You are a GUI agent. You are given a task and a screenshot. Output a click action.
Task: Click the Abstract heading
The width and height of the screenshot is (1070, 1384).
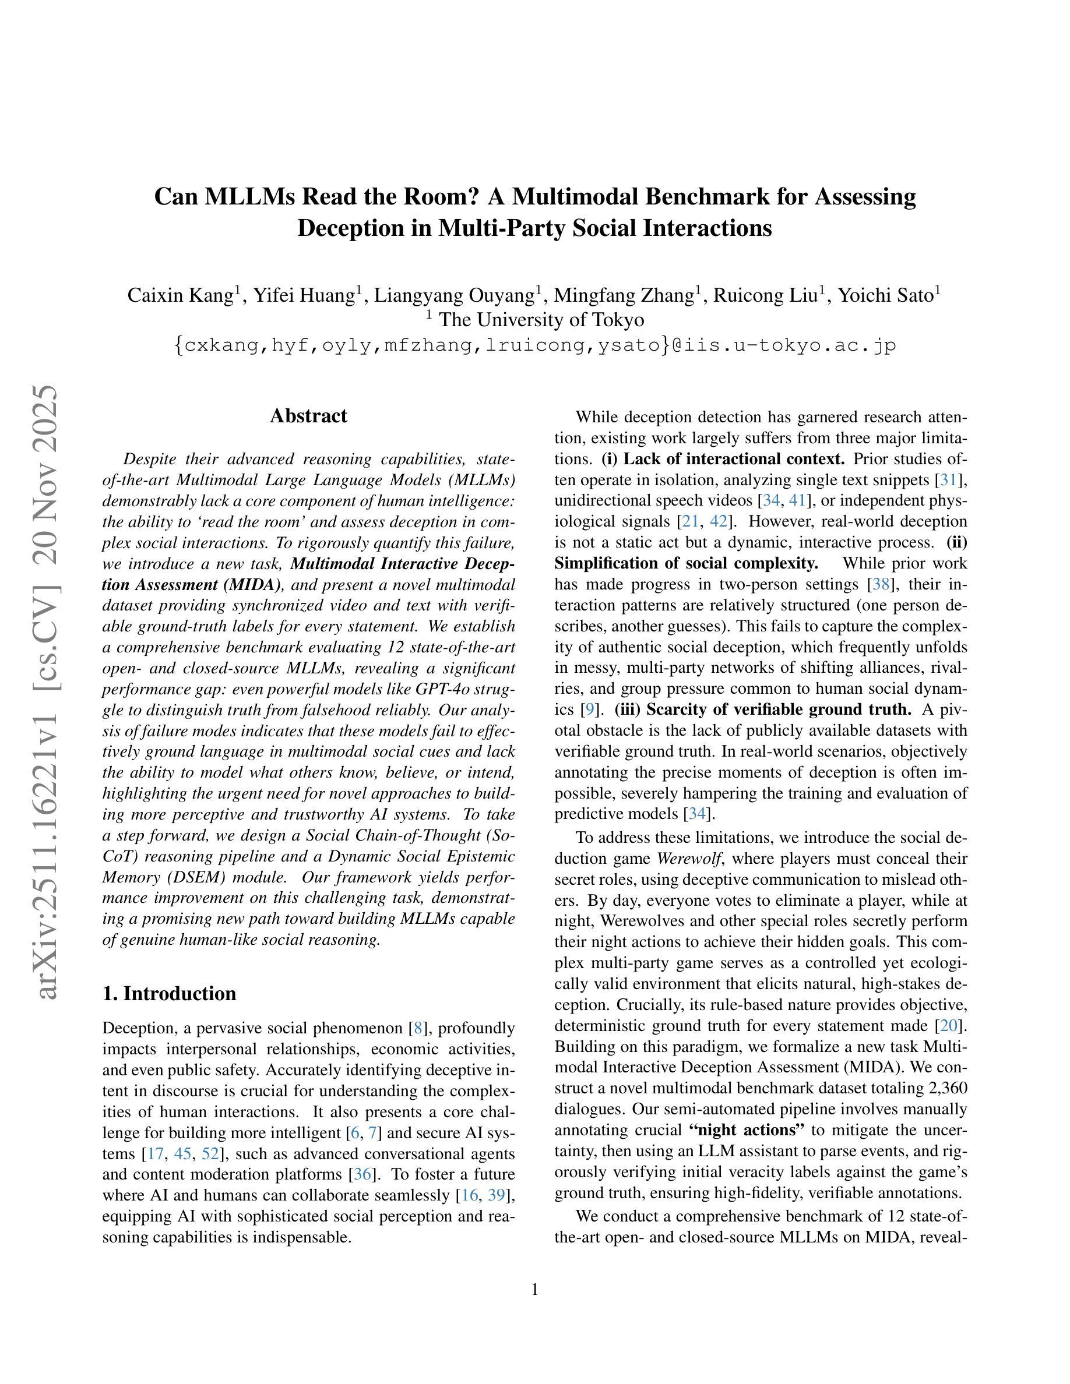[308, 416]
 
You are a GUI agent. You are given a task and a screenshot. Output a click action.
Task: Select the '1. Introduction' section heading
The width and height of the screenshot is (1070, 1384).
[168, 993]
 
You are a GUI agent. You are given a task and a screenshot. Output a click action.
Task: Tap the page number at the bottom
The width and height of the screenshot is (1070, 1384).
[534, 1289]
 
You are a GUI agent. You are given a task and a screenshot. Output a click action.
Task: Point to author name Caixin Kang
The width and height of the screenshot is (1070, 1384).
[181, 295]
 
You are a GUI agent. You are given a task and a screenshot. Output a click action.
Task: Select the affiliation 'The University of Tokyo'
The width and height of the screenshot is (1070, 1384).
[541, 320]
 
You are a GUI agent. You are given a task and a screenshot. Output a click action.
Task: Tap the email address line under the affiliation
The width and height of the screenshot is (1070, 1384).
[534, 345]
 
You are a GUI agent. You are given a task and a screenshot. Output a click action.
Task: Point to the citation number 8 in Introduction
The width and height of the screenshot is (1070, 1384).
[418, 1028]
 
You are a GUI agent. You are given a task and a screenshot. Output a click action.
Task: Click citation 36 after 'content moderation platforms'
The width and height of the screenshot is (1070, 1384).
[362, 1174]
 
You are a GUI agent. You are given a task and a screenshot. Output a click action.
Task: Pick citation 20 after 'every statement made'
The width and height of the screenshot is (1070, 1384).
[949, 1025]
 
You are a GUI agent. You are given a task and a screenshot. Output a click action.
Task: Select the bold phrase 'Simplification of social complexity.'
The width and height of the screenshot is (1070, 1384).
[687, 563]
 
